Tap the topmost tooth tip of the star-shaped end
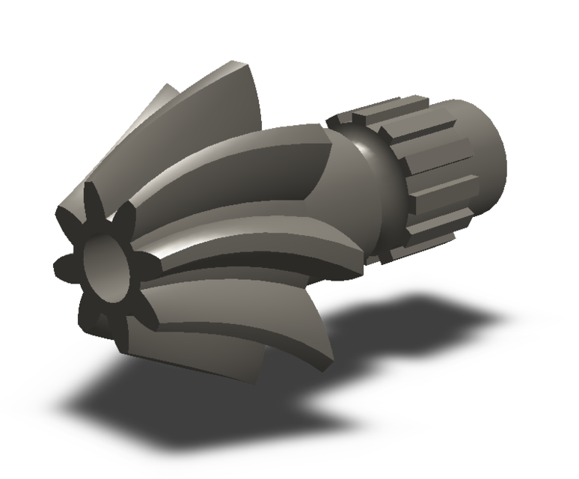coord(95,187)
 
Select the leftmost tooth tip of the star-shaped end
coord(58,264)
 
